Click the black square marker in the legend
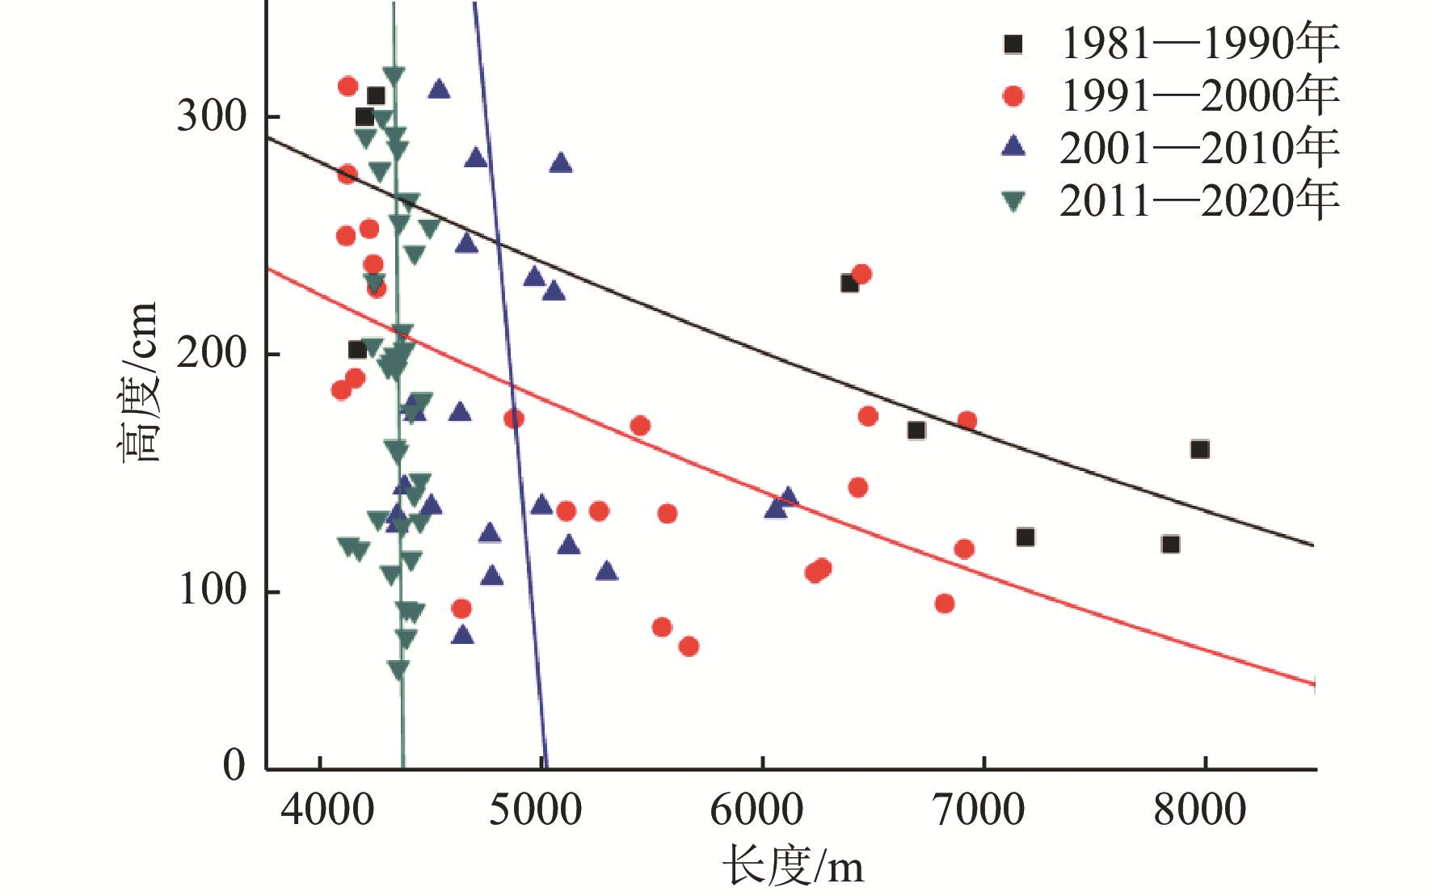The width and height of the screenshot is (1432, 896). click(1013, 44)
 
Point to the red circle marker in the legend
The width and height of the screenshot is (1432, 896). click(1013, 96)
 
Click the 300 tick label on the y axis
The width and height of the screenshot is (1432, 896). click(212, 117)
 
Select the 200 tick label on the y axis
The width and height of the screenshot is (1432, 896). click(212, 355)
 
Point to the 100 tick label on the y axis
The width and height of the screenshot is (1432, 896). click(212, 592)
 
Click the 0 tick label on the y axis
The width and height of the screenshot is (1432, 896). click(234, 764)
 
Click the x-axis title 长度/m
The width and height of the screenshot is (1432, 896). click(793, 869)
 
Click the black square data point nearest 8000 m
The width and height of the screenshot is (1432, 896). click(1199, 449)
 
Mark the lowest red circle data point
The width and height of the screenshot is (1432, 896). click(689, 646)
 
